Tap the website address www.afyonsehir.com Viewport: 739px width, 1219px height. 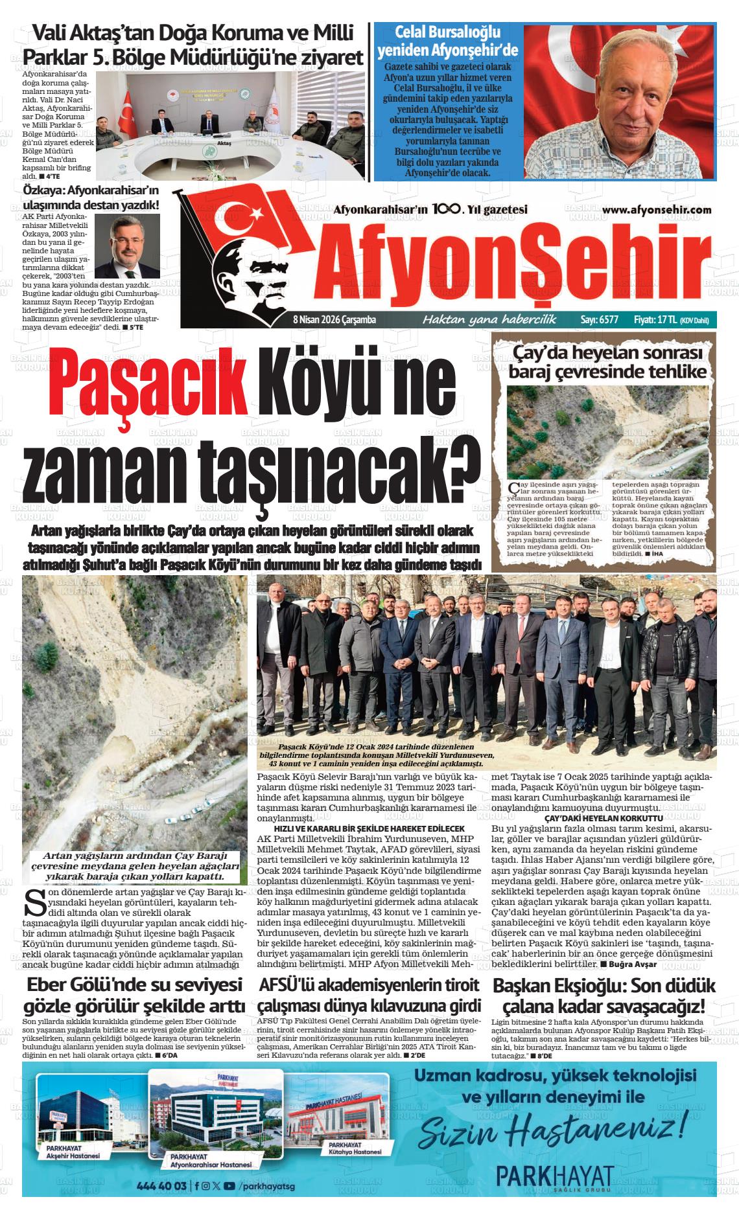[657, 210]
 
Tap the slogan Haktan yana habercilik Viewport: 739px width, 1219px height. [489, 319]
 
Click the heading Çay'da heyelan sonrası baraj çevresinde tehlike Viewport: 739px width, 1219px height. [607, 362]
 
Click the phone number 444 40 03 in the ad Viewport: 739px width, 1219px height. [162, 1186]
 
